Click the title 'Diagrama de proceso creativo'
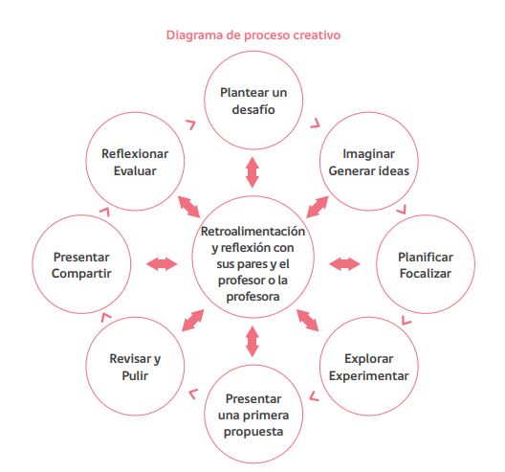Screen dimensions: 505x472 [253, 35]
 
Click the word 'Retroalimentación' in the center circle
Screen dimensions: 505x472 [252, 231]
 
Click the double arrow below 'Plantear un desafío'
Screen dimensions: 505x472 [252, 172]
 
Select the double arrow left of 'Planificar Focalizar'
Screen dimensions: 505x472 [344, 264]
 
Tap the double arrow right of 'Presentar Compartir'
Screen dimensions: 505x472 [162, 264]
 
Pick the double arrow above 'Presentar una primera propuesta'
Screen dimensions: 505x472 [252, 342]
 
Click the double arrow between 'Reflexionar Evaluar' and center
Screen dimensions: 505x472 [189, 207]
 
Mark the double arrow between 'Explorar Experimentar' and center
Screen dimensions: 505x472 [308, 320]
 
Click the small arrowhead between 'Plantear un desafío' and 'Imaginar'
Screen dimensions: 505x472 [316, 124]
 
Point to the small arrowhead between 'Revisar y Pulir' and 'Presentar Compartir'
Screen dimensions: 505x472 [105, 318]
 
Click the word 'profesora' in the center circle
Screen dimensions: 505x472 [252, 297]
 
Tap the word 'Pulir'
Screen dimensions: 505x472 [135, 375]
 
